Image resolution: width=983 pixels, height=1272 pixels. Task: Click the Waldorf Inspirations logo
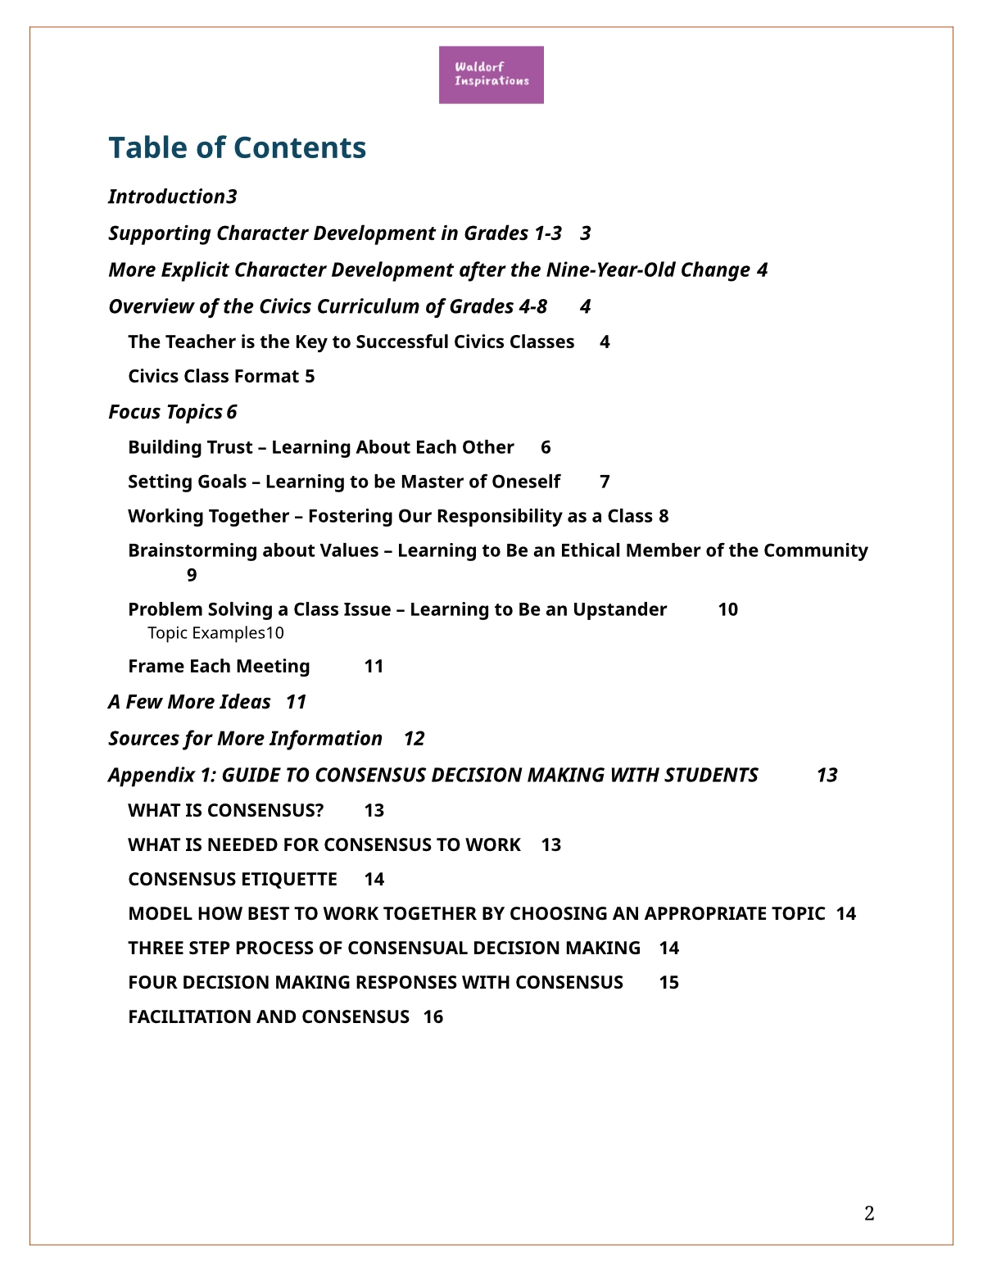491,75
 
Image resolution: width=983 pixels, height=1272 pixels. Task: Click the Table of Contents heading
237,148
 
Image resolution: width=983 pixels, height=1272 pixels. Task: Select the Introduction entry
167,197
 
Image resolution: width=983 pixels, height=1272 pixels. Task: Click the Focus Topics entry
166,412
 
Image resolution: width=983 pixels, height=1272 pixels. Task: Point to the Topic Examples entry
206,633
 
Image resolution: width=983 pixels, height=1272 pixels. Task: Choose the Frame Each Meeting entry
219,667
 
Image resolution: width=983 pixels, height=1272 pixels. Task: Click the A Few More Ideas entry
189,702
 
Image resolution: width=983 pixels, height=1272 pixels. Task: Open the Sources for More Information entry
245,739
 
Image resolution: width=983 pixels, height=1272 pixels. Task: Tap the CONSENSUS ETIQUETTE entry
233,880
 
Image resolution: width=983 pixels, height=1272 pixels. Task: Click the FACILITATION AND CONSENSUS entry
269,1017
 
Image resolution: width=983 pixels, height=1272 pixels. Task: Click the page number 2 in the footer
869,1214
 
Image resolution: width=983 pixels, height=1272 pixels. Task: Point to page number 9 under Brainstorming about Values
192,576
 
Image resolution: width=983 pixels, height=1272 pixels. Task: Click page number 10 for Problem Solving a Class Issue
727,610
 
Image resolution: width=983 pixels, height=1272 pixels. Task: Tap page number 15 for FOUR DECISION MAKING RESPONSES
668,983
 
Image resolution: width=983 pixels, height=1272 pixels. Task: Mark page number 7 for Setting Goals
605,482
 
